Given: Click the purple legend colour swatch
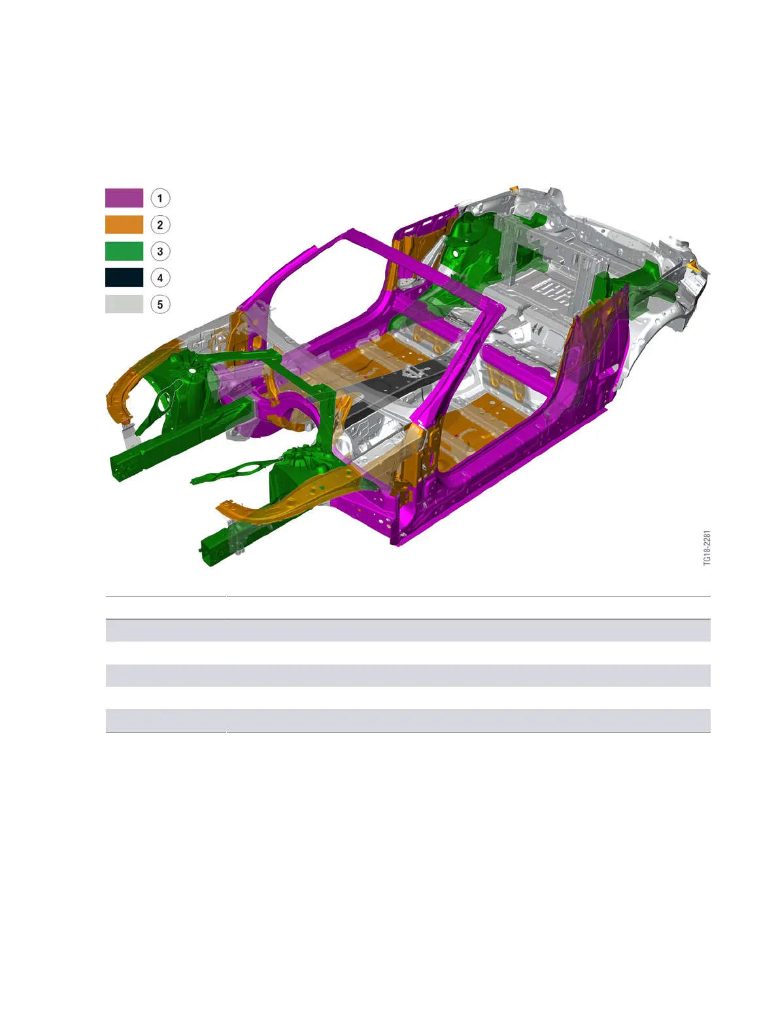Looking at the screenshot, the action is [x=124, y=198].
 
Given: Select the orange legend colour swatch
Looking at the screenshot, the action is [x=124, y=224].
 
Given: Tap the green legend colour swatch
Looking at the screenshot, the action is [x=124, y=251].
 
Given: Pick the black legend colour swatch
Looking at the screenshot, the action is [x=124, y=277].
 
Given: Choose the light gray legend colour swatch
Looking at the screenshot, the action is [x=124, y=304].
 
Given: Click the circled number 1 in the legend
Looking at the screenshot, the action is [x=160, y=198].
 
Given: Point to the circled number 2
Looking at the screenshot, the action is [x=160, y=225].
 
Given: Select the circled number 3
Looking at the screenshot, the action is [x=160, y=251].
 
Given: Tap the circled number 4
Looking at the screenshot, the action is [x=160, y=277].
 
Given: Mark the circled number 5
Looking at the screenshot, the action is [x=160, y=304].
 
